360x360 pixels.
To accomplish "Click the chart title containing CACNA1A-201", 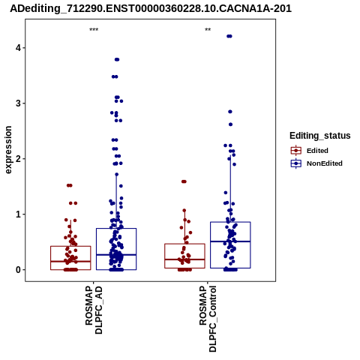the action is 151,9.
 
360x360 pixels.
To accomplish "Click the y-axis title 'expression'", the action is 8,150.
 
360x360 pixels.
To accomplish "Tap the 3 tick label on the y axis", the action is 18,103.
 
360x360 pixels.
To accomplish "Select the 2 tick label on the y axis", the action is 18,159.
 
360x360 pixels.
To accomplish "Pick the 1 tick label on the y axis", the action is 18,214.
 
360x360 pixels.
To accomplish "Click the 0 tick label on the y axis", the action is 18,270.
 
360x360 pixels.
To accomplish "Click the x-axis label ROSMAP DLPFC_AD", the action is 94,310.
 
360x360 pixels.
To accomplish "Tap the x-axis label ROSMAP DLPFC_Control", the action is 208,319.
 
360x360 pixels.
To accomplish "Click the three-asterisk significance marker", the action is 94,30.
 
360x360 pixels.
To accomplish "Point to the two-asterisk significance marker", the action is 208,30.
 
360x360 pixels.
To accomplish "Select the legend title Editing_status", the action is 320,136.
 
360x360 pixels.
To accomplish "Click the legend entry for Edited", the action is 309,151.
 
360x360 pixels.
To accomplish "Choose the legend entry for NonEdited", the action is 316,163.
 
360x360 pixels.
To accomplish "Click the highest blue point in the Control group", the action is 229,36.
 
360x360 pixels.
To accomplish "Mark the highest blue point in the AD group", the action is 117,59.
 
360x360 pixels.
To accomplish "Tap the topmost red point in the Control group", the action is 184,181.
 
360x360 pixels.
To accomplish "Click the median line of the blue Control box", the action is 230,241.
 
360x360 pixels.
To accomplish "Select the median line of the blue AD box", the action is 116,255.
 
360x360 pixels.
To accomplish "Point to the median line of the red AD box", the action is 70,262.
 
